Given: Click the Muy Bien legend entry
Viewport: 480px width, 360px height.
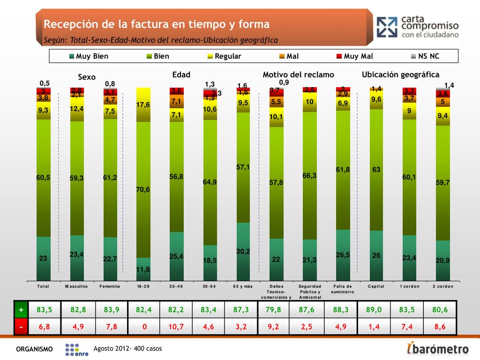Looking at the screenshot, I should click(x=89, y=56).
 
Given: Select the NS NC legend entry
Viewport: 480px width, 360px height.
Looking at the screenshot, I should click(x=425, y=56).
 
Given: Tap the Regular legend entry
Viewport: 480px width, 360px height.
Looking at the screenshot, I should click(x=224, y=56).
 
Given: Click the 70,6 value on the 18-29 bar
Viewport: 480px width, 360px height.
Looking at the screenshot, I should click(x=143, y=189).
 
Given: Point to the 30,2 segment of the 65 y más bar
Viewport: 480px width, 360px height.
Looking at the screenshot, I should click(x=243, y=252).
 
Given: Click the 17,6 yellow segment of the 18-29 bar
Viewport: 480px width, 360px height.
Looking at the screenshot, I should click(x=143, y=105).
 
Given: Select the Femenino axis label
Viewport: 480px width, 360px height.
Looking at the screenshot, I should click(x=110, y=286).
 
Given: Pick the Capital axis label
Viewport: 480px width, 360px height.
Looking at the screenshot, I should click(x=376, y=286).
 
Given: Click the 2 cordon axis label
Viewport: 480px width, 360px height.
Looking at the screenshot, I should click(x=442, y=286).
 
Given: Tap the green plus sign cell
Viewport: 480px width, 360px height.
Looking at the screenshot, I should click(x=21, y=310).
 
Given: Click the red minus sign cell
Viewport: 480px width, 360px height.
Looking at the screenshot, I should click(x=21, y=327).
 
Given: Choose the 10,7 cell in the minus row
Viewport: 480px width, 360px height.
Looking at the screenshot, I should click(x=176, y=327).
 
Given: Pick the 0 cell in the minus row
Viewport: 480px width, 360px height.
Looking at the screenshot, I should click(x=143, y=327).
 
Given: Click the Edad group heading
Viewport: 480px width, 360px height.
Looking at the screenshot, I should click(x=181, y=75).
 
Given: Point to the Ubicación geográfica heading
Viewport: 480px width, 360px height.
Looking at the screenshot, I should click(x=400, y=75).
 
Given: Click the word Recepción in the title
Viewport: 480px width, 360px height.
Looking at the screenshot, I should click(x=67, y=24).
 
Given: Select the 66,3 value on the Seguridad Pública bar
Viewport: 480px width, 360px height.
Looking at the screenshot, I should click(x=309, y=175).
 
